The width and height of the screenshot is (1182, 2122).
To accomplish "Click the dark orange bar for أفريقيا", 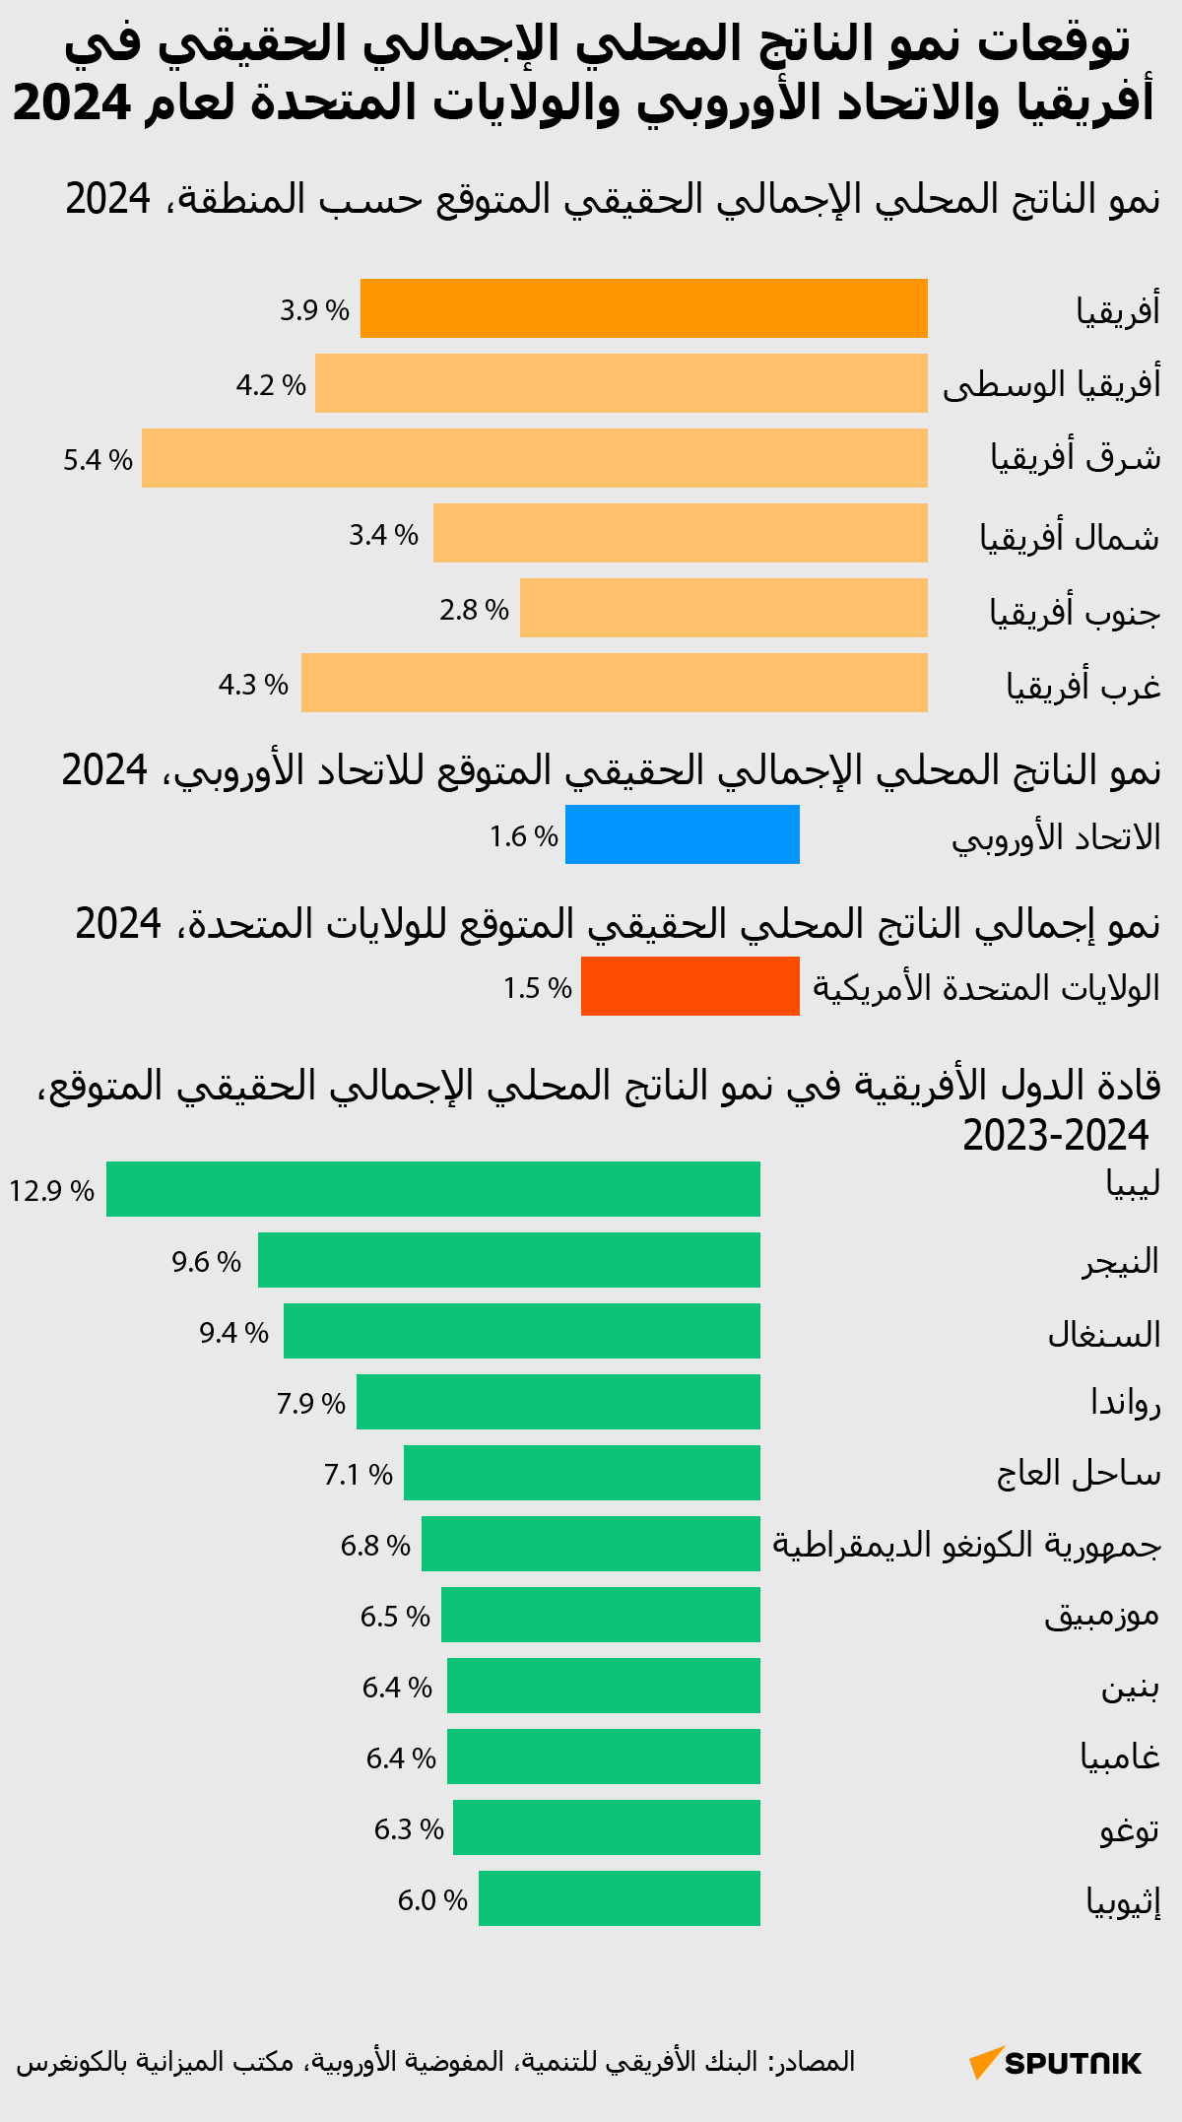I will [x=643, y=308].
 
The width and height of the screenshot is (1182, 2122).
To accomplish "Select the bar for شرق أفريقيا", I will [x=534, y=458].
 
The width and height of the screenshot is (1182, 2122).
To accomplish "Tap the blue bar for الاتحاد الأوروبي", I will [x=682, y=834].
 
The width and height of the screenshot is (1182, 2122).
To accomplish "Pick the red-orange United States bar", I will [x=689, y=986].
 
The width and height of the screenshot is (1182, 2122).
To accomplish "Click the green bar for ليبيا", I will [x=432, y=1189].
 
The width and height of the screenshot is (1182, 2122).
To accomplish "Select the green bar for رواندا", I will [x=558, y=1402].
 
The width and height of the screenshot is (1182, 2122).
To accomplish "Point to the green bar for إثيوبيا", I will [x=619, y=1898].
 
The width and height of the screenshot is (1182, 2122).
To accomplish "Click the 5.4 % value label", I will [x=98, y=460].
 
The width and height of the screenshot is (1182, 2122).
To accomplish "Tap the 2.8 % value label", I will [x=474, y=610].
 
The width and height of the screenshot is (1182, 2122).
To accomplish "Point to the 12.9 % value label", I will [x=51, y=1191].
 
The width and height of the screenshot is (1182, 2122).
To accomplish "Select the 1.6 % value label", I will [x=523, y=836].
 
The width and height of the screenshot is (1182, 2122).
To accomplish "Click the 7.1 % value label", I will [x=358, y=1475].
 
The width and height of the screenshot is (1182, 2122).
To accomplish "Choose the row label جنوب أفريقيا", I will [x=1075, y=612].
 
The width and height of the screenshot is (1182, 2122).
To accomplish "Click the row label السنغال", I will [x=1103, y=1335].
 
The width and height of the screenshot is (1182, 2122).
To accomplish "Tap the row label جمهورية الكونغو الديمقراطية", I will [x=966, y=1545].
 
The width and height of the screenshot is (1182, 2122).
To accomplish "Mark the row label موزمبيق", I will [x=1101, y=1617].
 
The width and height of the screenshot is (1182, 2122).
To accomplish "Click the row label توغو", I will [x=1129, y=1830].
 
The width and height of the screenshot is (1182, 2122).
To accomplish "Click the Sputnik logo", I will [x=1055, y=2062].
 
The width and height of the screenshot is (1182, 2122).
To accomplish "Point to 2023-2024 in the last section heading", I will [x=1055, y=1136].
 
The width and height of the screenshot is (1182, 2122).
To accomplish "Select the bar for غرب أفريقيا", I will [x=614, y=683].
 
